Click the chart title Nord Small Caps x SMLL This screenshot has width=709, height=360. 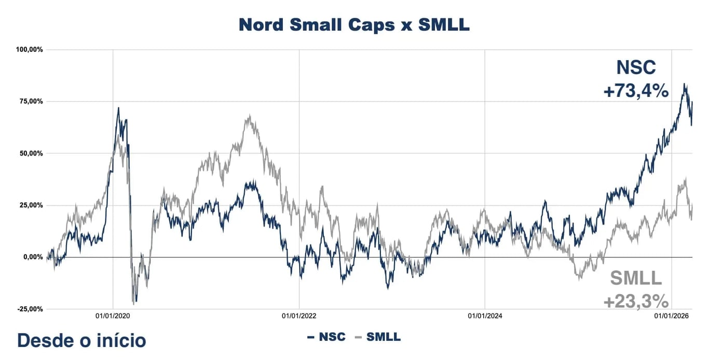point(354,25)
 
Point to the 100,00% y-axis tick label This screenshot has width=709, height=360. point(30,50)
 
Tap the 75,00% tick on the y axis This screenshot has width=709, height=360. point(31,102)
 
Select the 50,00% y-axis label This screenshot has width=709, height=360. point(31,154)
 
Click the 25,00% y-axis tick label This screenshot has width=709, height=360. point(31,205)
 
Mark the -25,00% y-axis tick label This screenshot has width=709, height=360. point(30,309)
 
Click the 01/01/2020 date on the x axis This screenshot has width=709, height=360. point(113,315)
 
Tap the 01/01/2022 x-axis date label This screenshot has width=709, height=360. point(299,315)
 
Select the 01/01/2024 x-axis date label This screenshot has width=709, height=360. point(485,315)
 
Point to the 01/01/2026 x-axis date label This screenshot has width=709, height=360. point(671,315)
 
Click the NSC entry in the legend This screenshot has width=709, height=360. point(326,337)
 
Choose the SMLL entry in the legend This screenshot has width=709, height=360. point(377,337)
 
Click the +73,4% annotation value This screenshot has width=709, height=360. point(635,91)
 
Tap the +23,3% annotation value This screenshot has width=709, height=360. point(635,301)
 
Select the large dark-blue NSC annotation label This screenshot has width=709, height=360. point(636,67)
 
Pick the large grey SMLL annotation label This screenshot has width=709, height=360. point(636,279)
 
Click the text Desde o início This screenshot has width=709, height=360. point(81,341)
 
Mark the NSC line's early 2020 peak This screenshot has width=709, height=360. point(118,108)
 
